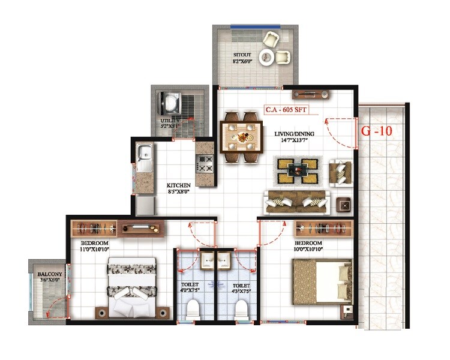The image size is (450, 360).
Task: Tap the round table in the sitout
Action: point(266,57)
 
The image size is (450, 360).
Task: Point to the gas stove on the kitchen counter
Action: point(205,162)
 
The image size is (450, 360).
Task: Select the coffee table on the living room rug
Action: point(298,171)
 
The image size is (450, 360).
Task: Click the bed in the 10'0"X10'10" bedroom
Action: point(322,282)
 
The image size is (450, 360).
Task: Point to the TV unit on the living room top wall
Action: point(310,94)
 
